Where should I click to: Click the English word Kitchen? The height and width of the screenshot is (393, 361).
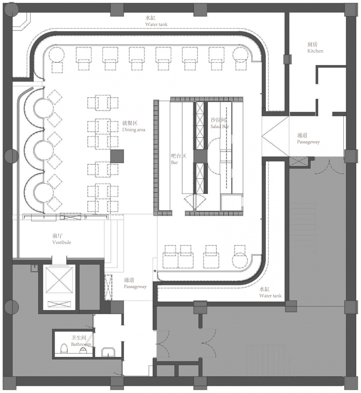click(315, 51)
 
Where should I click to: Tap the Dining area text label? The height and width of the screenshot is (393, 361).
click(133, 130)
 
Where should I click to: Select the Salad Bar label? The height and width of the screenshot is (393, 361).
click(220, 127)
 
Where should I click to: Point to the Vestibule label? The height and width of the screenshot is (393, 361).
click(62, 242)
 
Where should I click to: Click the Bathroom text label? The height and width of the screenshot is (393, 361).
click(80, 344)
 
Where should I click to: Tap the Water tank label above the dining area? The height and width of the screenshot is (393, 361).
click(156, 24)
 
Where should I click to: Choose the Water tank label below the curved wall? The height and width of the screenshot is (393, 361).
click(270, 296)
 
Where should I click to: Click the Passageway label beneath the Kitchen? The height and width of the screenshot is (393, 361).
click(308, 142)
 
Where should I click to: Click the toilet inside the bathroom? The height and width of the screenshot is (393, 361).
click(65, 349)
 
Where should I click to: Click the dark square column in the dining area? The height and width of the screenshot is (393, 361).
click(117, 156)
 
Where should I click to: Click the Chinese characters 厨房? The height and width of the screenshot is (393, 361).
click(312, 44)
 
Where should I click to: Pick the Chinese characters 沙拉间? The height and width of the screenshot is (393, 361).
click(218, 120)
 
